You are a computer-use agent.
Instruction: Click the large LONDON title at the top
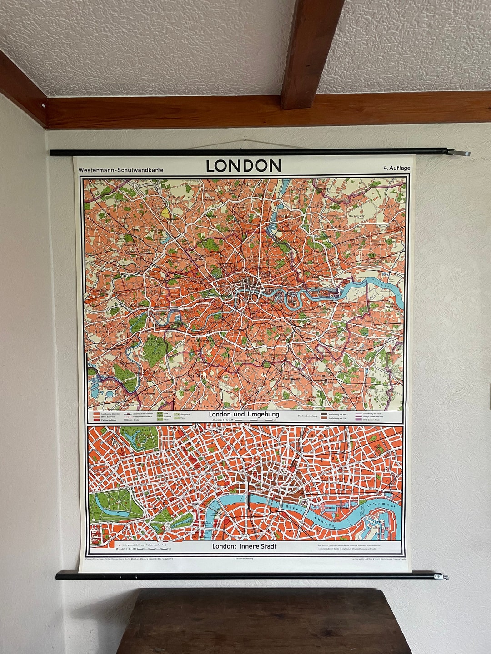point(244,166)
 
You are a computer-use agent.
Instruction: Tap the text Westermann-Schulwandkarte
point(120,170)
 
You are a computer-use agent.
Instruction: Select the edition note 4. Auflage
point(396,168)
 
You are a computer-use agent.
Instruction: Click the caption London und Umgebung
point(244,414)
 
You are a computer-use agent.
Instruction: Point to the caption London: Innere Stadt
point(244,546)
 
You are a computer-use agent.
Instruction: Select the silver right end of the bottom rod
point(441,577)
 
